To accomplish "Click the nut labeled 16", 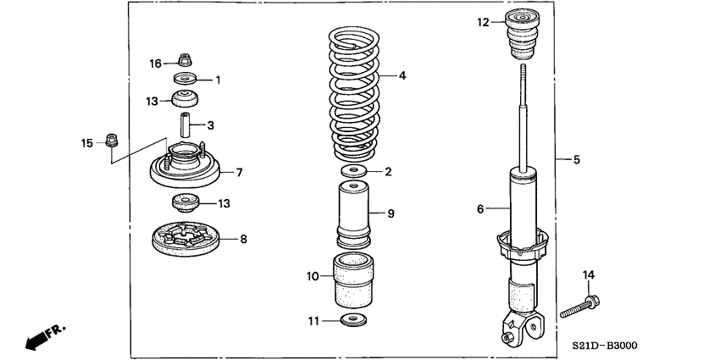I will point(184,60).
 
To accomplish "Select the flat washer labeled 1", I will point(184,80).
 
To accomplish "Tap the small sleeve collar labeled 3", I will point(185,125).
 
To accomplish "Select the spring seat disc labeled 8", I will point(186,238).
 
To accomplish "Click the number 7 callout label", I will point(240,172).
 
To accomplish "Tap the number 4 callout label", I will point(402,75).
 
